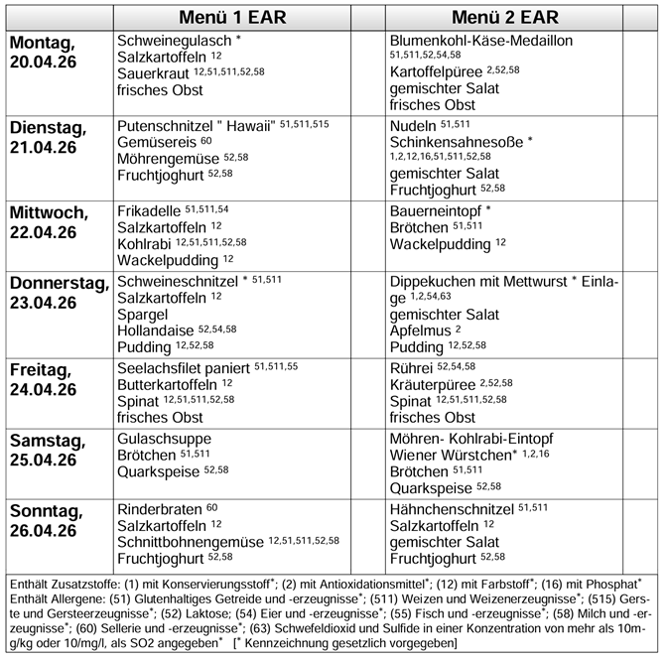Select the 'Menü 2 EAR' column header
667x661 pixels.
point(504,18)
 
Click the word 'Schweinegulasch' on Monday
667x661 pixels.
point(173,44)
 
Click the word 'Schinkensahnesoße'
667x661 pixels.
point(457,143)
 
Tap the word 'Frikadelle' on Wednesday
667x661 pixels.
point(149,210)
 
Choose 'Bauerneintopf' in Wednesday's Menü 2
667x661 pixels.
point(435,210)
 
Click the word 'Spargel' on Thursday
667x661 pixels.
point(141,314)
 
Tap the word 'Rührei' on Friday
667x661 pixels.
point(412,367)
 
